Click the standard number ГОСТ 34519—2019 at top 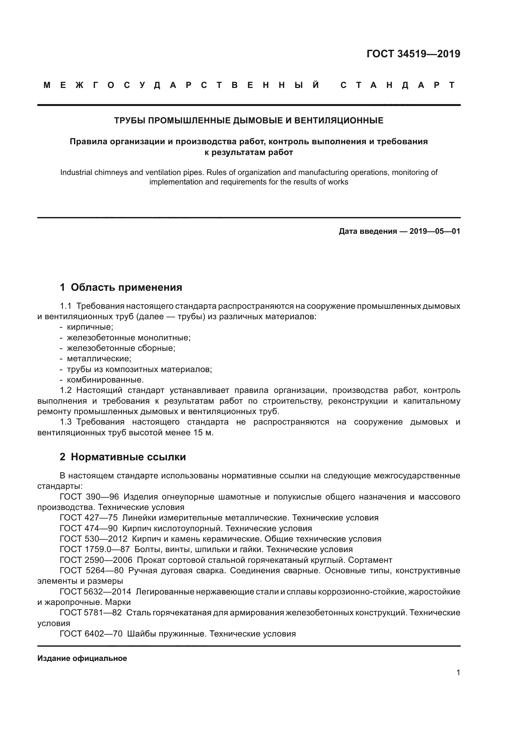pos(413,54)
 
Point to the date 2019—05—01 pos(435,231)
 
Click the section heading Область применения pos(126,287)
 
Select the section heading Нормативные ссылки pos(128,457)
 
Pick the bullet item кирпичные pos(90,327)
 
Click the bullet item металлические pos(99,359)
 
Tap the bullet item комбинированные pos(105,380)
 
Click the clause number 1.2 pos(66,390)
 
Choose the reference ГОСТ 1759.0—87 pos(95,549)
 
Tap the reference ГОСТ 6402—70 pos(91,634)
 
